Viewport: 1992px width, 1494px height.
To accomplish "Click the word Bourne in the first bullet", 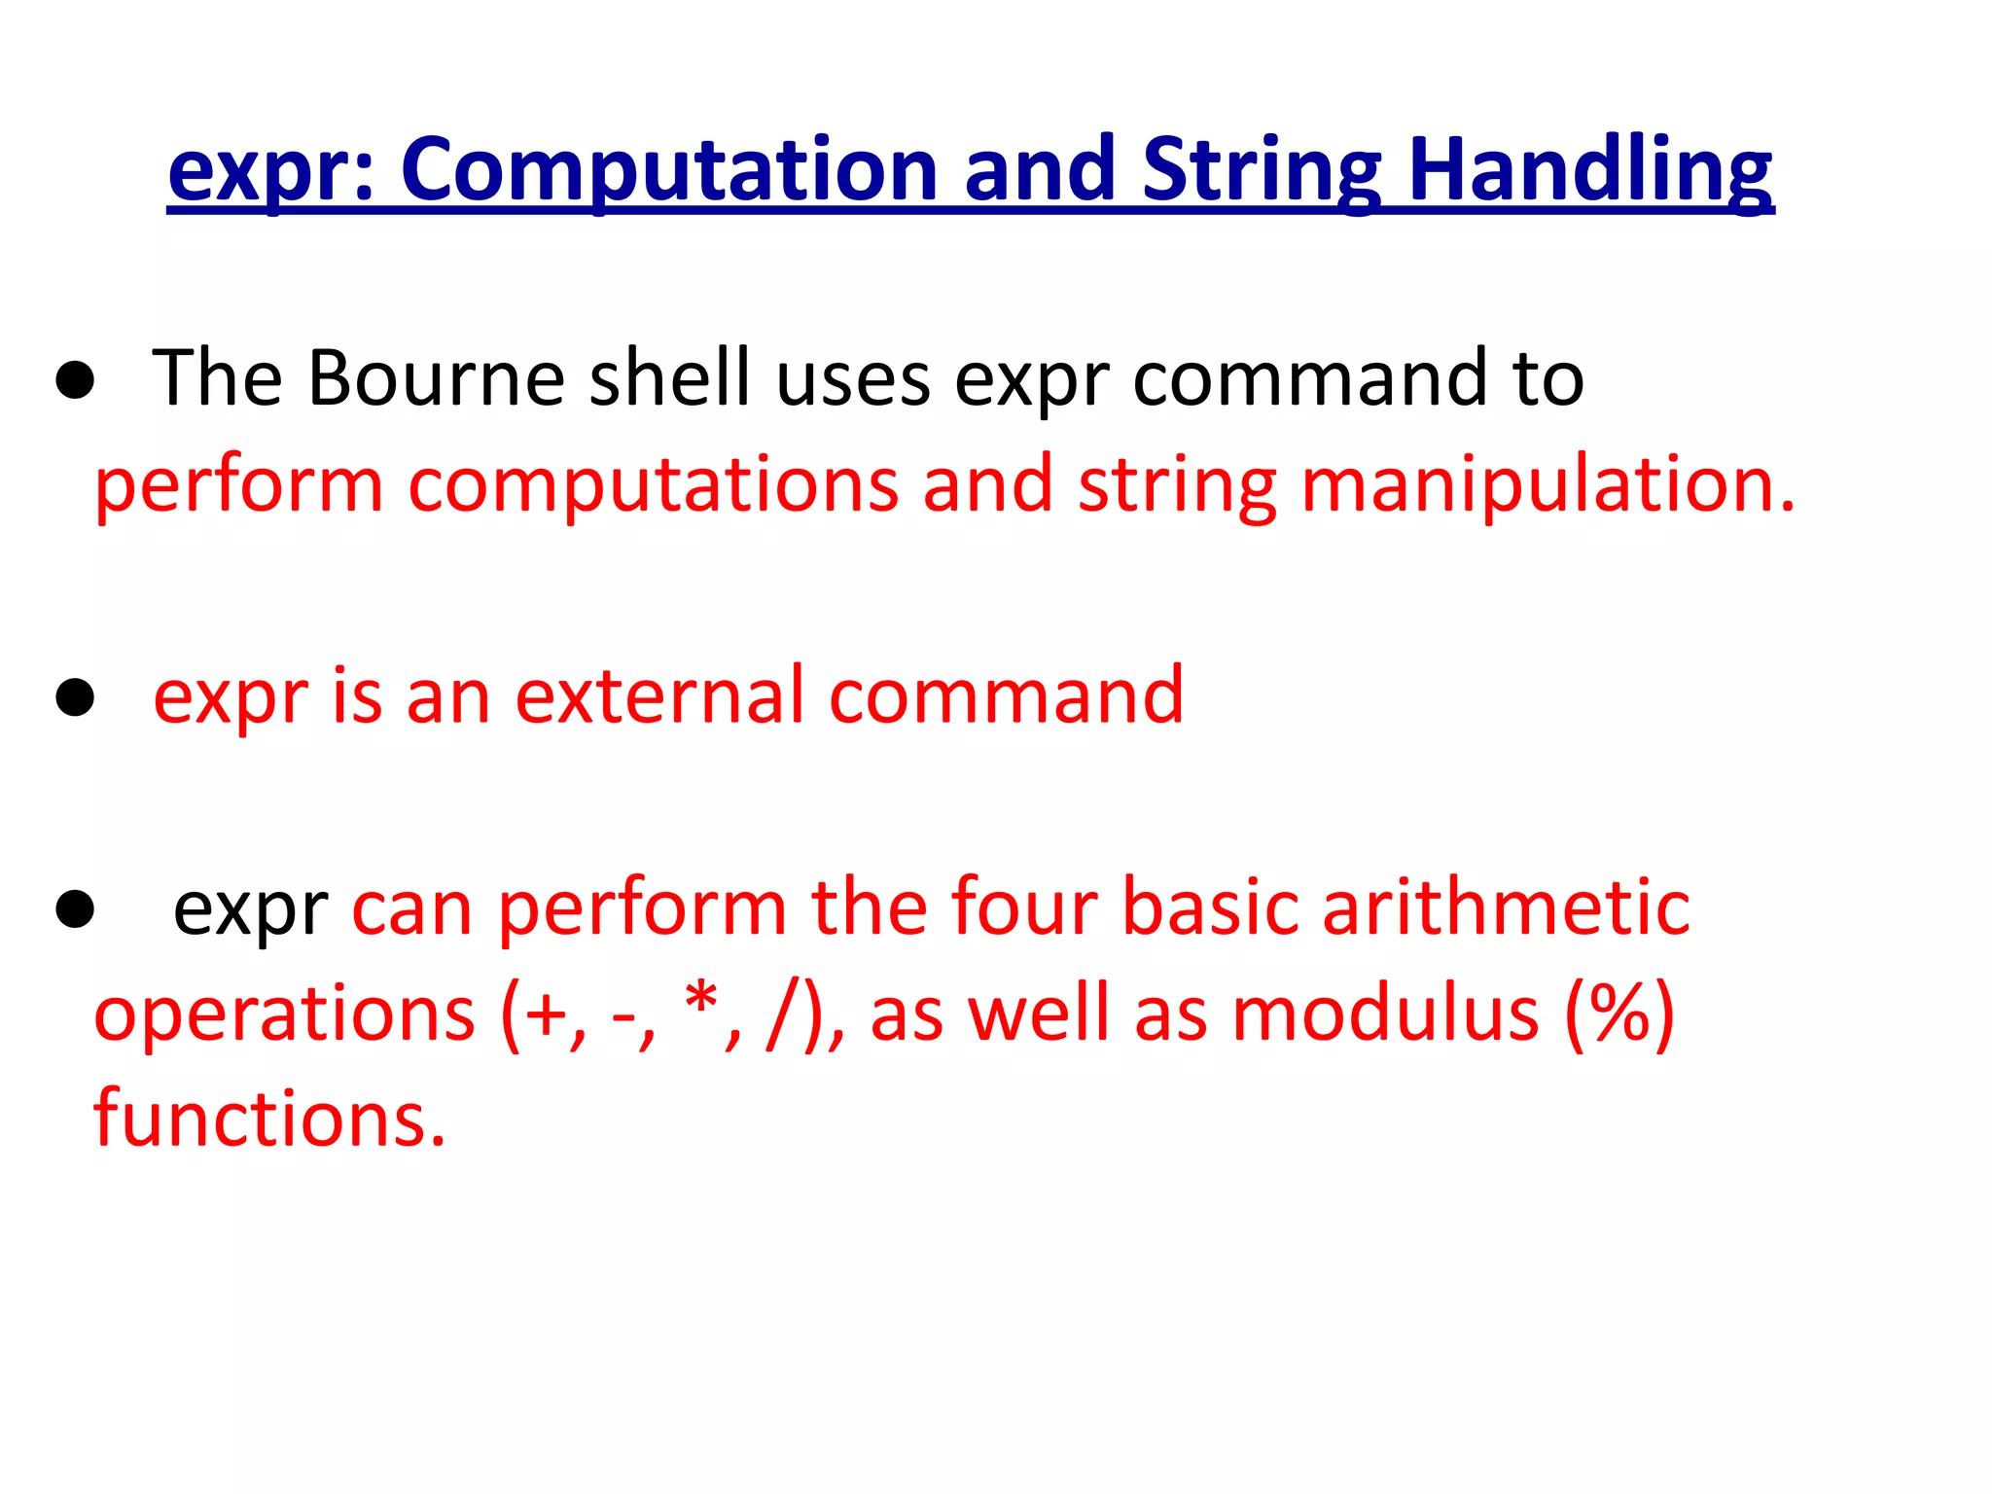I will (x=437, y=377).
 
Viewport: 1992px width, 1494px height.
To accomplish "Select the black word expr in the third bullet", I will (x=250, y=907).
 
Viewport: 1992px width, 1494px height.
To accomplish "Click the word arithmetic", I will (x=1506, y=907).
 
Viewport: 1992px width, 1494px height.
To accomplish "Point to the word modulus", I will (x=1386, y=1014).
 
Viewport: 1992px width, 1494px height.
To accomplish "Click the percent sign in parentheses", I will (x=1619, y=1014).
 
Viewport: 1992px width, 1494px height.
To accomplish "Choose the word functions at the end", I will (x=269, y=1119).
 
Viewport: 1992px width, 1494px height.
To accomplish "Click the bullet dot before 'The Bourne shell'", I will (x=75, y=382).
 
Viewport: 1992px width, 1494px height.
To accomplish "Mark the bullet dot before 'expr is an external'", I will (x=75, y=697).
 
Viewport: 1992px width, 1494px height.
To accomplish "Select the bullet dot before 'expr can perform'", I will (x=75, y=909).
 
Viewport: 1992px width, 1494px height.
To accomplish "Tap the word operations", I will (x=284, y=1014).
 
